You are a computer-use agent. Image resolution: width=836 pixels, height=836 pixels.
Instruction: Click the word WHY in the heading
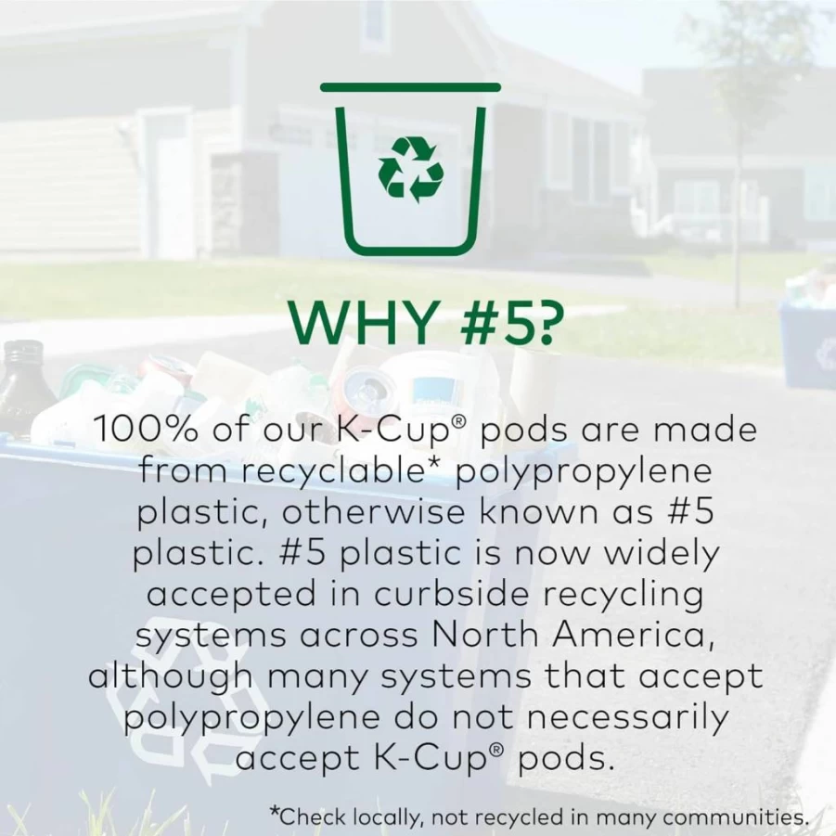click(363, 323)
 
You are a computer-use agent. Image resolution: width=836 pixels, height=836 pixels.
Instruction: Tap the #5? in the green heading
click(503, 323)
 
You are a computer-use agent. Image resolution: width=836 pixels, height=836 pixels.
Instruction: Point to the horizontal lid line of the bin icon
click(410, 87)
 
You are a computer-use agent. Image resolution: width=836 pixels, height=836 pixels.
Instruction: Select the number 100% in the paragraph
click(147, 430)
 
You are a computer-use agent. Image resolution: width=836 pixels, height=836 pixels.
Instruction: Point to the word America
click(634, 636)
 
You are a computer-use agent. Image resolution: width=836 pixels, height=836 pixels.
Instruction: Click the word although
click(171, 677)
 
